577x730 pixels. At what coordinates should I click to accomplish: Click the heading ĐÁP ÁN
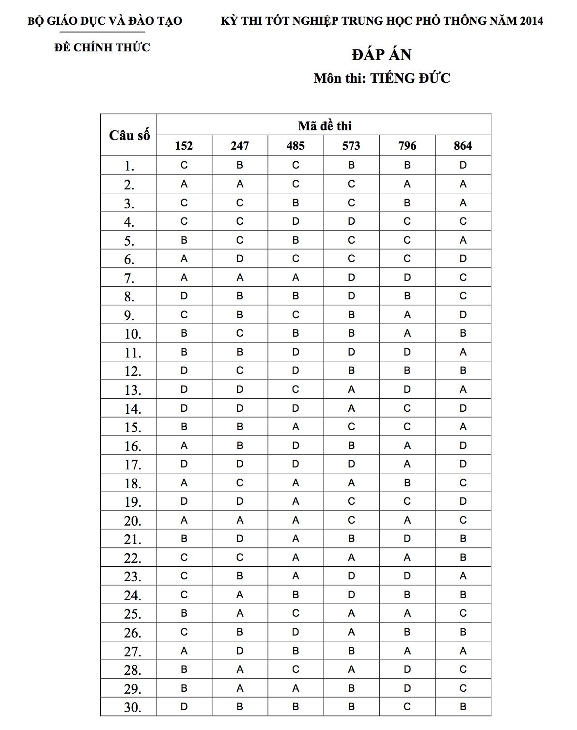click(x=382, y=55)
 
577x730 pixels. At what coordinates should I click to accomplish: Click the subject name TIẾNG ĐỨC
click(x=410, y=78)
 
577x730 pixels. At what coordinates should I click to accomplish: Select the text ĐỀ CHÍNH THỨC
click(x=102, y=47)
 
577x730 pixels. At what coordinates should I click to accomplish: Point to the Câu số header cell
click(x=129, y=135)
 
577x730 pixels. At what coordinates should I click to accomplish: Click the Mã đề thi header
click(x=324, y=126)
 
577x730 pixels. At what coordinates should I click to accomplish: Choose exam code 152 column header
click(x=184, y=146)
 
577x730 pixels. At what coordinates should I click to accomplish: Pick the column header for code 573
click(x=351, y=146)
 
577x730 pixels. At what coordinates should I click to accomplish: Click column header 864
click(x=463, y=146)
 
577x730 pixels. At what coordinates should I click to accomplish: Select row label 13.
click(x=132, y=390)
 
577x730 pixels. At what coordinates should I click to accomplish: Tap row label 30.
click(x=132, y=707)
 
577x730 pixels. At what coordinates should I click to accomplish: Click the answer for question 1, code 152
click(x=184, y=165)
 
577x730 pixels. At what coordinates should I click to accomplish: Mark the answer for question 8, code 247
click(x=240, y=296)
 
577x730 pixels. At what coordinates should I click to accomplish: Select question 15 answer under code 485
click(x=296, y=427)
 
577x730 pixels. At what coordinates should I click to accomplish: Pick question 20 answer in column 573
click(x=351, y=520)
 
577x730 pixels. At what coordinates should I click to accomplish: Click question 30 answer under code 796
click(x=407, y=707)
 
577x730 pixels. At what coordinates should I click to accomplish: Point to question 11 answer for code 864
click(x=463, y=352)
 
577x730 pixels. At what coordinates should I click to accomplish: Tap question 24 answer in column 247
click(x=240, y=595)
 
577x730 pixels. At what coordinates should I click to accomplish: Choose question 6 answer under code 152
click(x=184, y=259)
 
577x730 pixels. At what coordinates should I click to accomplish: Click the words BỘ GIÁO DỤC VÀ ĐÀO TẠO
click(x=105, y=21)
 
